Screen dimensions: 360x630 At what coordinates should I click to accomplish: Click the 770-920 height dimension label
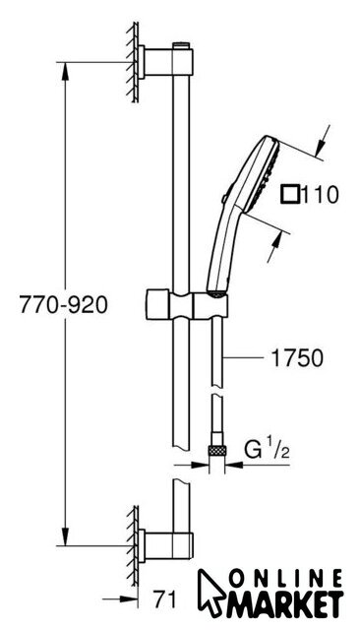(x=63, y=304)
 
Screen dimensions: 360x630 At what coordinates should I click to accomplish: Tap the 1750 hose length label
(x=297, y=358)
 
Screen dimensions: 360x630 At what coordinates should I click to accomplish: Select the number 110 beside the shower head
(x=321, y=195)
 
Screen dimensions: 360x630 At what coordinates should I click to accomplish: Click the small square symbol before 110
(x=290, y=195)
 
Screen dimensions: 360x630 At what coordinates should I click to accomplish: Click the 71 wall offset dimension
(x=165, y=599)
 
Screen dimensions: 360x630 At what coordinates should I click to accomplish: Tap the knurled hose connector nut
(x=216, y=451)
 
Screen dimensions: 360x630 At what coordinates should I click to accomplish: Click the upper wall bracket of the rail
(x=165, y=62)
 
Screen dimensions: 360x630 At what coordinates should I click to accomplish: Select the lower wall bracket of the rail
(x=165, y=545)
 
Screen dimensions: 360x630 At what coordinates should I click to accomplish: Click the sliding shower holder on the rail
(x=187, y=304)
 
